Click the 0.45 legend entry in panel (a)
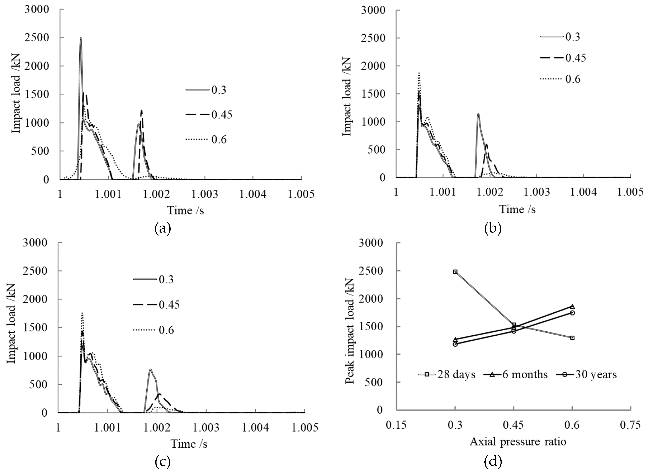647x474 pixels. click(209, 115)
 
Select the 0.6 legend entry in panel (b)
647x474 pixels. click(560, 79)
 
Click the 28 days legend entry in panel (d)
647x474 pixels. click(447, 374)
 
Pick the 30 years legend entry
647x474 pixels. click(586, 374)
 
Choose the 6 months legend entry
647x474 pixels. click(515, 374)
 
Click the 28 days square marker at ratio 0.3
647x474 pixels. click(455, 271)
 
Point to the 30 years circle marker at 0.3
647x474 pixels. click(455, 344)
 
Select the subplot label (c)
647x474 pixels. click(163, 462)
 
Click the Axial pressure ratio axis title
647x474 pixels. click(518, 441)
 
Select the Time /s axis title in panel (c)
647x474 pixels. click(189, 444)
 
